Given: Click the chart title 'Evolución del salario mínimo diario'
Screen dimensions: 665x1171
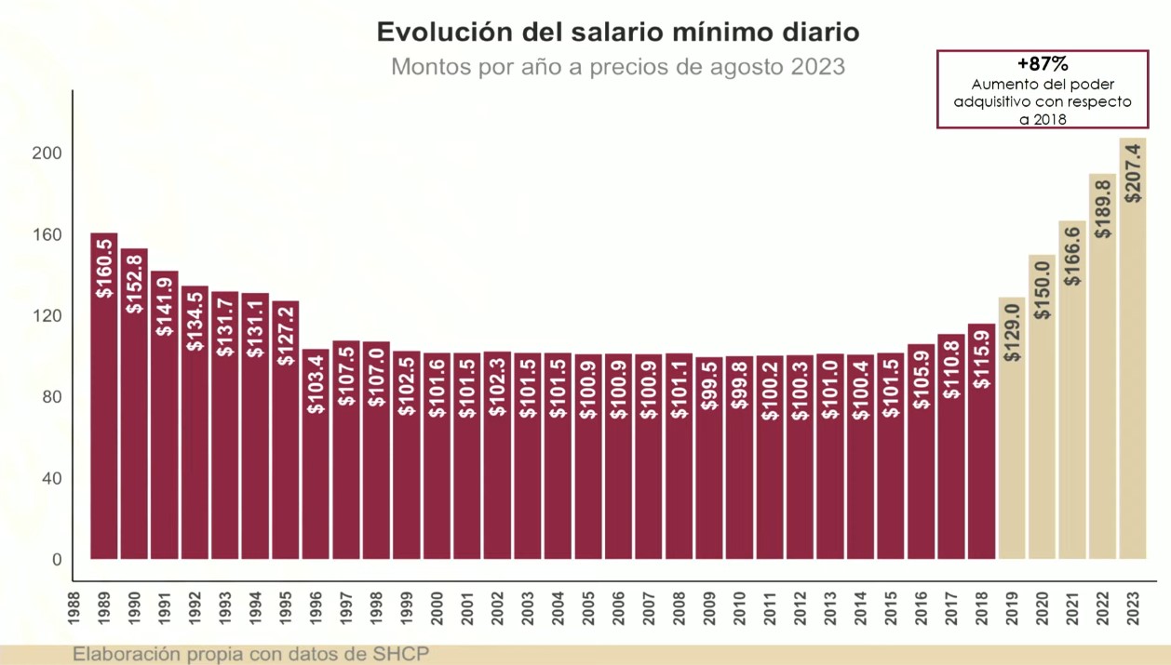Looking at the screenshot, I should (617, 33).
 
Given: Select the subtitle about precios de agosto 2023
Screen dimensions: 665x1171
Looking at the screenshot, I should (617, 67).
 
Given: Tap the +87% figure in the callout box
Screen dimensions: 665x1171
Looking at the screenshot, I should (1042, 64).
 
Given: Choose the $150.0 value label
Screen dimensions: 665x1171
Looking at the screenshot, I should (1042, 291).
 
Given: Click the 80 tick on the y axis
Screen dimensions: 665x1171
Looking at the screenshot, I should (53, 397).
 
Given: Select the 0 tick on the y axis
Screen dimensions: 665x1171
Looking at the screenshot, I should (57, 560).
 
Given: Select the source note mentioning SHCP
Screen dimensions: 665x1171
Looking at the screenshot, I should (251, 654).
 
